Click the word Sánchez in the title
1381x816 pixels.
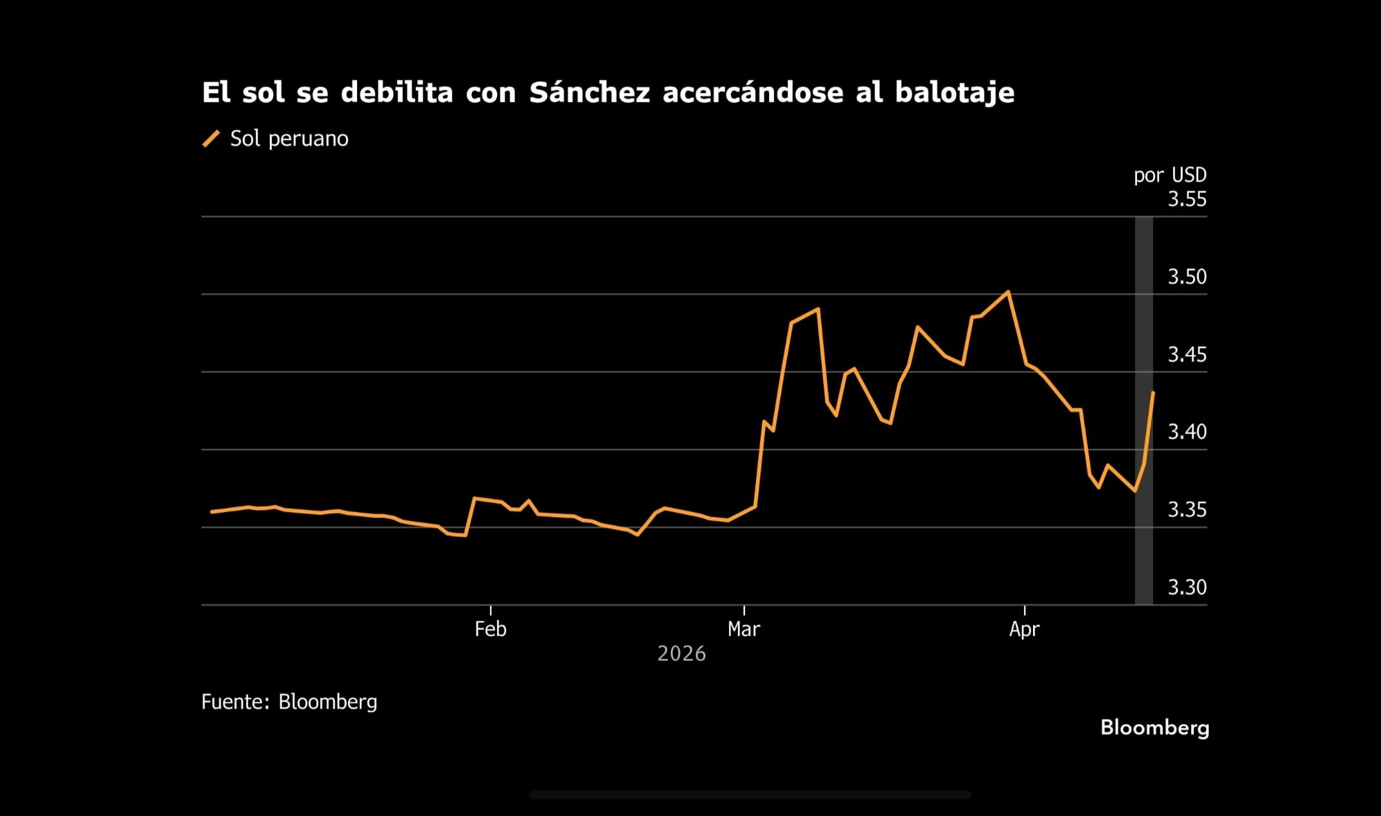point(589,93)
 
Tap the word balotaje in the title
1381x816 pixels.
point(954,93)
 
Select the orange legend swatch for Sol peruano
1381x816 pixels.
point(211,138)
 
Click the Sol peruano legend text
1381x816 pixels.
point(289,138)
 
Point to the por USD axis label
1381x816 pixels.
point(1169,175)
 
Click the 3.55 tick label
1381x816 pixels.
point(1187,199)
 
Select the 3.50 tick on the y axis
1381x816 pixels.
point(1187,277)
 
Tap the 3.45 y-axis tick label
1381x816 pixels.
point(1187,354)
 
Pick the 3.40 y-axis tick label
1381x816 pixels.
point(1187,432)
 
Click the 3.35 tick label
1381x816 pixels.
point(1187,510)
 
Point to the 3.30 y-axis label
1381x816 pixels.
point(1187,587)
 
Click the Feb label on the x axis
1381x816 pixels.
point(490,629)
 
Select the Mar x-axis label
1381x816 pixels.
point(744,629)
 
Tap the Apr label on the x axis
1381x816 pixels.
point(1024,629)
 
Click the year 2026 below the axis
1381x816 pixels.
point(681,654)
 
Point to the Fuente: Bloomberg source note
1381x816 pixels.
point(289,702)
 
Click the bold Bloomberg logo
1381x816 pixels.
point(1154,728)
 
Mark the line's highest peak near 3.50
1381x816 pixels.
point(1008,292)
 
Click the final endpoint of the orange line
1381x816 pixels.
point(1153,393)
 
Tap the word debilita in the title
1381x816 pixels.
point(396,93)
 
